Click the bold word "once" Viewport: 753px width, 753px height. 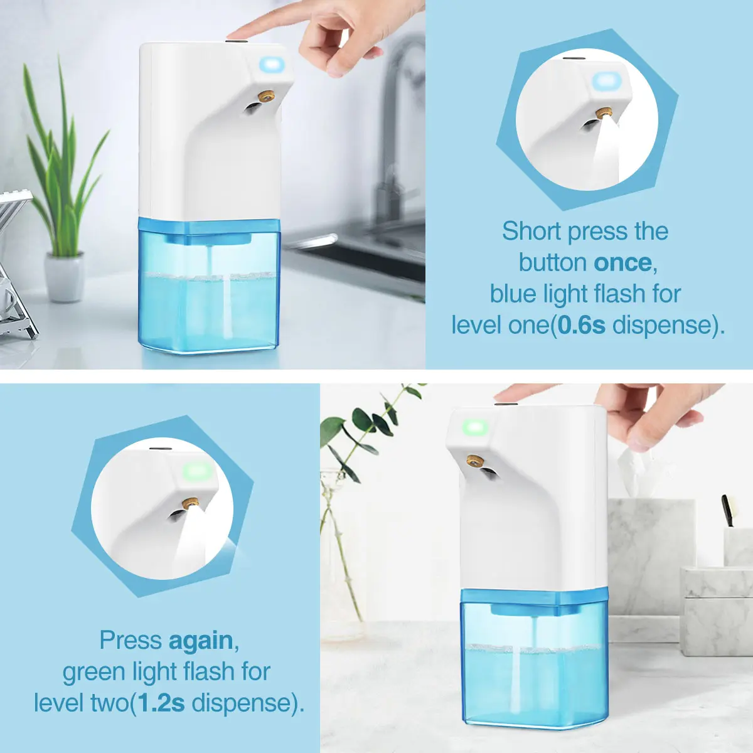click(622, 263)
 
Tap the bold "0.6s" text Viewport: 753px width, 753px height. click(582, 326)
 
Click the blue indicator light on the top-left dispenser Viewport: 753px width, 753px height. click(272, 63)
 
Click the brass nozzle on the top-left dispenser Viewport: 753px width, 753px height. click(266, 96)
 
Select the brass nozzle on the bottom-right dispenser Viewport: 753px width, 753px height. click(474, 461)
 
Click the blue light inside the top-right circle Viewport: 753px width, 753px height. click(606, 82)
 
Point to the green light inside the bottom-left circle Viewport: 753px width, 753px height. click(196, 472)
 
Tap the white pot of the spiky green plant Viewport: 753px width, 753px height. click(65, 277)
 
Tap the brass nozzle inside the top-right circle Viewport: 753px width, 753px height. click(603, 113)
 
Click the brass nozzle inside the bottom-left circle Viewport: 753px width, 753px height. click(190, 504)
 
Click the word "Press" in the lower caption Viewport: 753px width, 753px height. click(131, 640)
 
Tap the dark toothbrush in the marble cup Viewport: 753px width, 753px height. click(727, 511)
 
